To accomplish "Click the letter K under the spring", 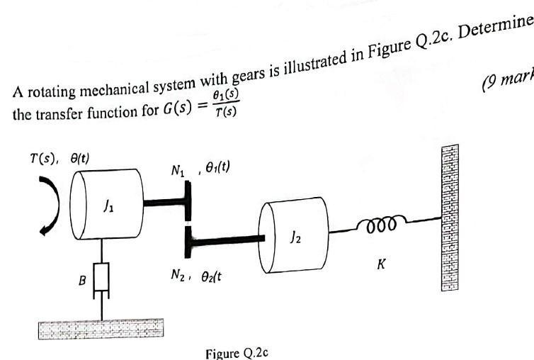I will tap(381, 264).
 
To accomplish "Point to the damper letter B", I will tap(81, 281).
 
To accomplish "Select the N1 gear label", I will tap(176, 169).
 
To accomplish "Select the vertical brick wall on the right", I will tap(448, 218).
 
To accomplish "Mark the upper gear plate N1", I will tap(186, 201).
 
